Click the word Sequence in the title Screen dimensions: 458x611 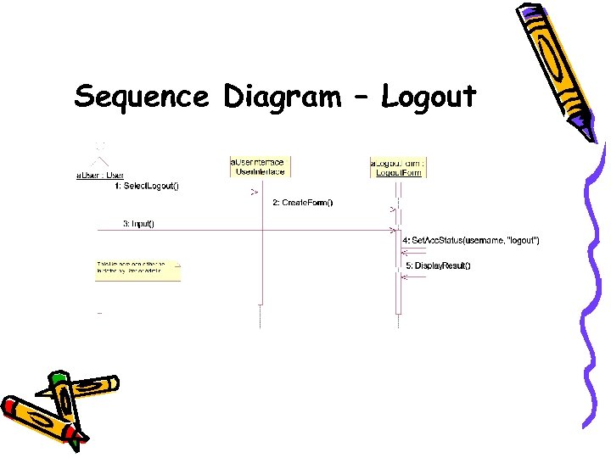click(x=140, y=97)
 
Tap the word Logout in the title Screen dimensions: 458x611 click(x=429, y=98)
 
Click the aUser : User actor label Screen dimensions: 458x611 click(x=100, y=176)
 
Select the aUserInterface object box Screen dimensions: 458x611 click(x=261, y=166)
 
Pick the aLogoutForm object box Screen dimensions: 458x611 click(x=399, y=166)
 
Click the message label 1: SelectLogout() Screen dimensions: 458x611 click(x=147, y=185)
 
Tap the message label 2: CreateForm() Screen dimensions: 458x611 click(x=302, y=202)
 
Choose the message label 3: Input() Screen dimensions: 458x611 click(x=138, y=224)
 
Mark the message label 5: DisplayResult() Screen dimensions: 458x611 click(x=438, y=265)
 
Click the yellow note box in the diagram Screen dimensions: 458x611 click(x=137, y=270)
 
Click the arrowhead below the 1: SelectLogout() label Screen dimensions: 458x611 click(x=253, y=193)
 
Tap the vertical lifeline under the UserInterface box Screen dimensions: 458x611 click(x=261, y=254)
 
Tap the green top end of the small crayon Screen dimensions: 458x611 click(x=58, y=378)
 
